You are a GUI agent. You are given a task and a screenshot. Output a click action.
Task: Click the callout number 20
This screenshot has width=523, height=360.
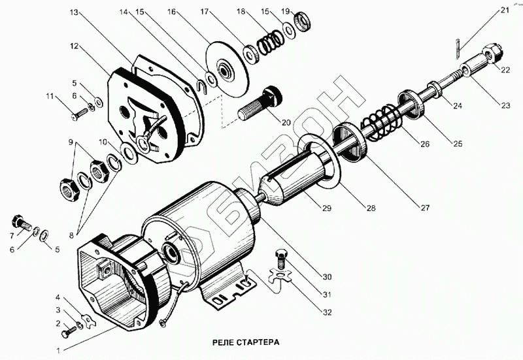click(286, 122)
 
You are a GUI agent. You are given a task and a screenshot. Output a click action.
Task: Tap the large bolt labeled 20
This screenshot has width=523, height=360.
click(260, 103)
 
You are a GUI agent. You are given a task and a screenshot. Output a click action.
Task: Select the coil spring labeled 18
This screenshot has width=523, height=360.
click(271, 42)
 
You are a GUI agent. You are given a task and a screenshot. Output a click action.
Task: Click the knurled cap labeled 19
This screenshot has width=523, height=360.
click(303, 22)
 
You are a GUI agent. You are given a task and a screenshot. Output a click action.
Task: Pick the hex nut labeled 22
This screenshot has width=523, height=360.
click(492, 53)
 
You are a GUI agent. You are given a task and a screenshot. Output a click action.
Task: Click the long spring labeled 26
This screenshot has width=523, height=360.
click(381, 121)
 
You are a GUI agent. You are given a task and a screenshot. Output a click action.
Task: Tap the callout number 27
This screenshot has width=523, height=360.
click(424, 208)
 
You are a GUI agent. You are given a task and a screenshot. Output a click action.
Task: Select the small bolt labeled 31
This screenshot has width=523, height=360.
click(280, 258)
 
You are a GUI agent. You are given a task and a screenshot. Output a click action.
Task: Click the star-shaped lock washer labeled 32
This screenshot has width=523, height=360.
click(281, 275)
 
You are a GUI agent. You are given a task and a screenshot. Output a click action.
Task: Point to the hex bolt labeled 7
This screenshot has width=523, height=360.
click(21, 223)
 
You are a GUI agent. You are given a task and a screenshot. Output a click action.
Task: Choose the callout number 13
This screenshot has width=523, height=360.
click(74, 12)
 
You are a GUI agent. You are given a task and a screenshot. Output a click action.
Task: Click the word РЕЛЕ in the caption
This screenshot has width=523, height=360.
click(223, 342)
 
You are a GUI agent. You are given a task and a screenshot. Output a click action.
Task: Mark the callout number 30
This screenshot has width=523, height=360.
click(327, 276)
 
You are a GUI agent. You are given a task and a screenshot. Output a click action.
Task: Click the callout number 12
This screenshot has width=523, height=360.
click(75, 46)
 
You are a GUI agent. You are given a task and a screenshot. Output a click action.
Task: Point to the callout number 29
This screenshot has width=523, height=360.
click(326, 208)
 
